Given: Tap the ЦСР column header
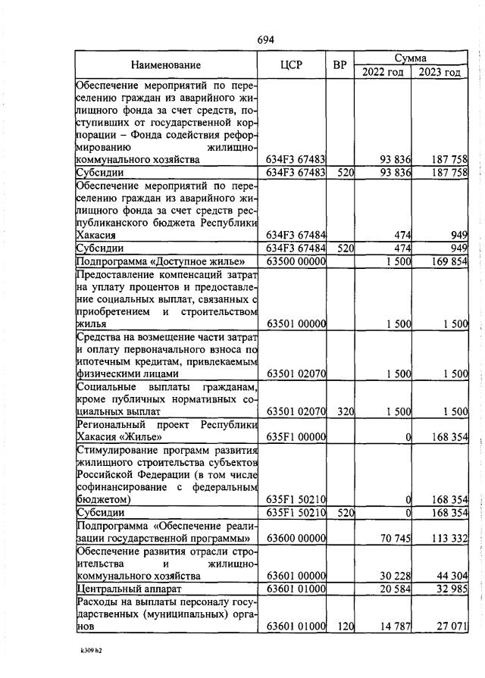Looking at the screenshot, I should coord(291,65).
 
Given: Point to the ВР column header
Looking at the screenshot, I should coord(339,65).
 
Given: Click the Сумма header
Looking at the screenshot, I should coord(411,58).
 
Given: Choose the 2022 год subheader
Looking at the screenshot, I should coord(383,73).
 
